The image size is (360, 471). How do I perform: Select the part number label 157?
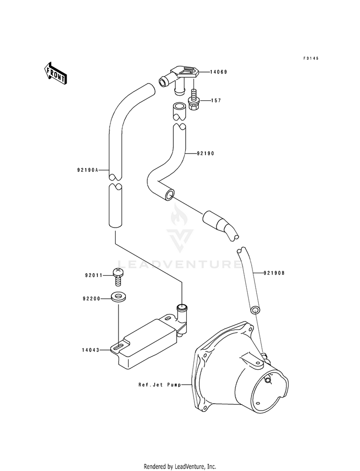(216, 100)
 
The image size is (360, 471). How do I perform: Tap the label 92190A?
(88, 170)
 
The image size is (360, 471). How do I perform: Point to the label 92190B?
(274, 273)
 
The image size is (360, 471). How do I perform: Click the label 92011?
(94, 275)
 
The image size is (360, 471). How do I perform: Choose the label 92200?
(92, 299)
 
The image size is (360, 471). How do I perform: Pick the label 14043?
(90, 350)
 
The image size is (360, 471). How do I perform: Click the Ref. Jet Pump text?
(160, 384)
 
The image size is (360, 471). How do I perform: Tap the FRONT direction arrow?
(55, 73)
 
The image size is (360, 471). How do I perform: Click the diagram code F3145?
(311, 58)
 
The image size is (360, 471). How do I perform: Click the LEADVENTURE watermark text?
(179, 264)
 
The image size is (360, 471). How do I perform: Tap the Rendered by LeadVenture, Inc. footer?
(180, 466)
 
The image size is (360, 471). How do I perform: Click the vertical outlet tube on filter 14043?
(181, 318)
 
